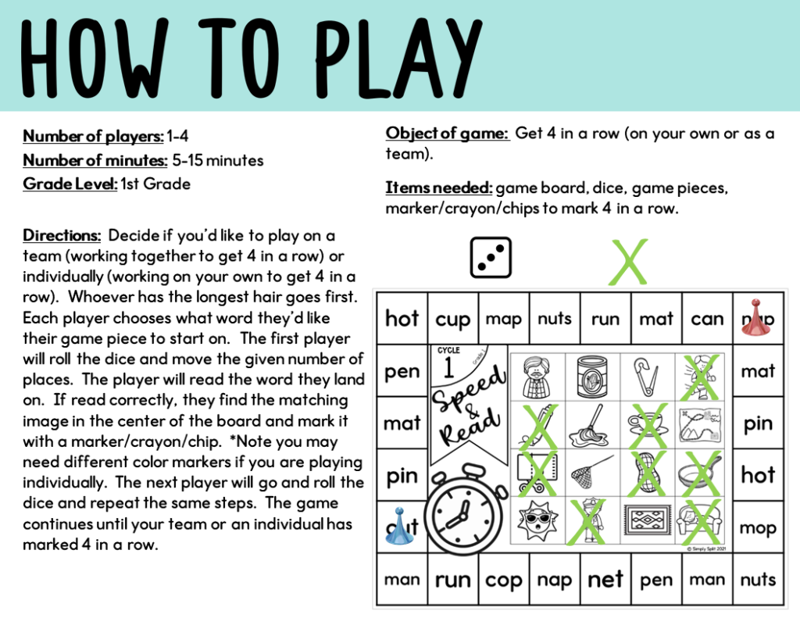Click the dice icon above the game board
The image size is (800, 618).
click(490, 257)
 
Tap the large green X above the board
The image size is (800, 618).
click(629, 262)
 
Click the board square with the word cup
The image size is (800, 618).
click(453, 319)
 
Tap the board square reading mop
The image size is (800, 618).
click(757, 527)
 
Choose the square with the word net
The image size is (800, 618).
click(605, 580)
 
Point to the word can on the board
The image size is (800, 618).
click(707, 319)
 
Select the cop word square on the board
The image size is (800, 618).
click(504, 580)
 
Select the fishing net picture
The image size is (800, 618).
click(590, 473)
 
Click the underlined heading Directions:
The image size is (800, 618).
click(62, 235)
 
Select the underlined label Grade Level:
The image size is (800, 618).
click(70, 184)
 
